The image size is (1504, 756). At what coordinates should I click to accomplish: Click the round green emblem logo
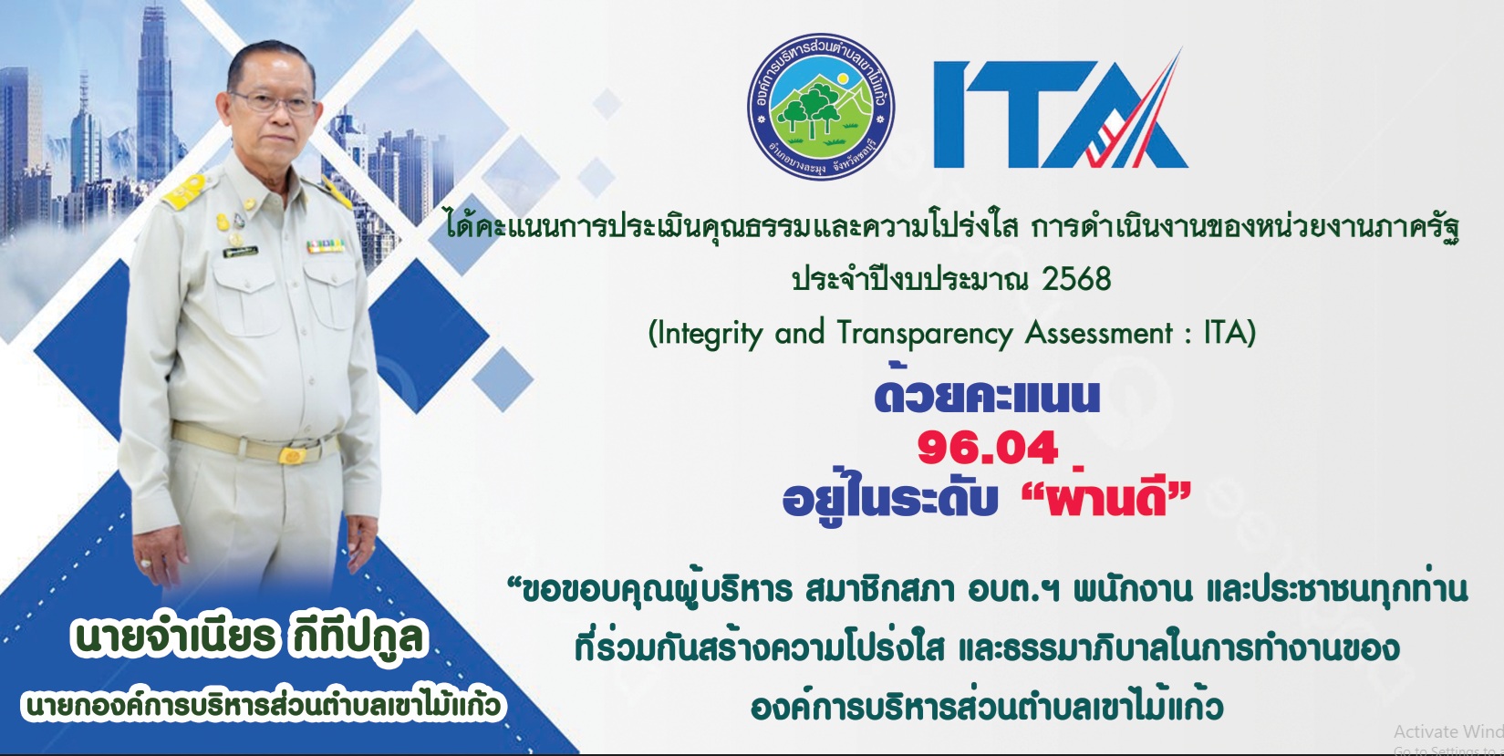click(x=821, y=106)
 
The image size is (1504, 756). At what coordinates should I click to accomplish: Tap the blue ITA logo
click(x=1061, y=109)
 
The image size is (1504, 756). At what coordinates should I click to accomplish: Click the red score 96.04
click(x=987, y=449)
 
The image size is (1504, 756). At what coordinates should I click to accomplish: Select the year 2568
click(x=1076, y=279)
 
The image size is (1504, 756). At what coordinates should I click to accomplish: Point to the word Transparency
click(x=925, y=333)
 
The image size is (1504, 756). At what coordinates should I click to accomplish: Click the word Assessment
click(x=1099, y=332)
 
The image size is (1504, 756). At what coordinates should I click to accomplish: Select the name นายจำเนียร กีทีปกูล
click(x=248, y=637)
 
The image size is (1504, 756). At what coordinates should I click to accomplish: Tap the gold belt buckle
click(x=291, y=455)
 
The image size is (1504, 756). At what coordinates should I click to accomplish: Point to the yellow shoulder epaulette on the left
click(x=184, y=191)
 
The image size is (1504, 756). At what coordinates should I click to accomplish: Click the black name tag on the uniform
click(x=241, y=252)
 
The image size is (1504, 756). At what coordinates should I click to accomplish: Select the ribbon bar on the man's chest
click(x=326, y=245)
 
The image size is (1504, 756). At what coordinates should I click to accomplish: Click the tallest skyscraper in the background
click(x=154, y=94)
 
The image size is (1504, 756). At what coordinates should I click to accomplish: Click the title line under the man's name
click(x=263, y=706)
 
